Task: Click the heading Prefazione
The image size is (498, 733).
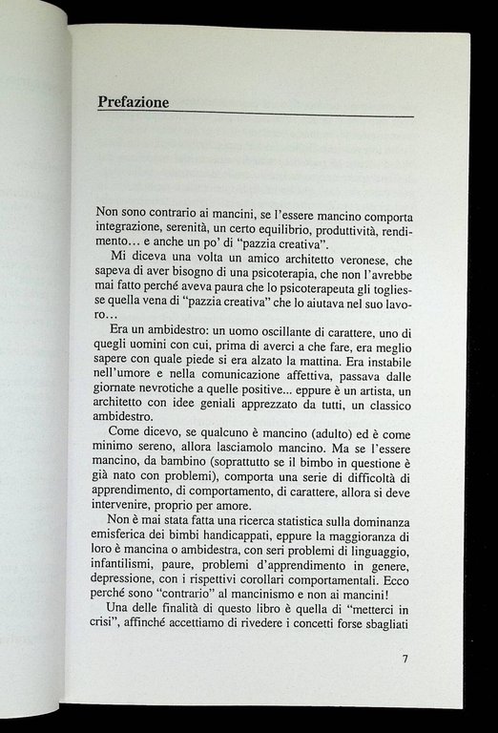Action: pyautogui.click(x=134, y=102)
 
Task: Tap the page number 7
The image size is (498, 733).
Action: pyautogui.click(x=405, y=659)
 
